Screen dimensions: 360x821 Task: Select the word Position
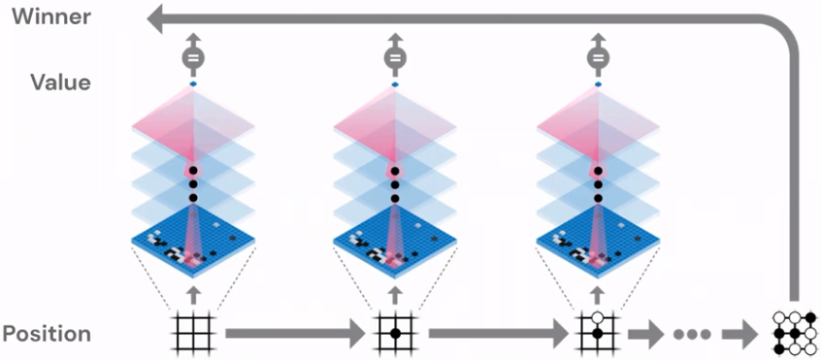pos(47,334)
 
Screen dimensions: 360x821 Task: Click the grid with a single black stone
pos(394,333)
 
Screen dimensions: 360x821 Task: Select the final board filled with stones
pos(795,333)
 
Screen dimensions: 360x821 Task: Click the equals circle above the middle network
pos(394,58)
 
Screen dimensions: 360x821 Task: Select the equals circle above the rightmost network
pos(597,58)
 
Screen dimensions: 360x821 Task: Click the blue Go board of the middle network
pos(394,246)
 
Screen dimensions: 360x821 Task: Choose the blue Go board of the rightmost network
pos(597,246)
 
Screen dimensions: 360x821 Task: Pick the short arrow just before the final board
pos(741,334)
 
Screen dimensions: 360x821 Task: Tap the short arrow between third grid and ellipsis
pos(642,334)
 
